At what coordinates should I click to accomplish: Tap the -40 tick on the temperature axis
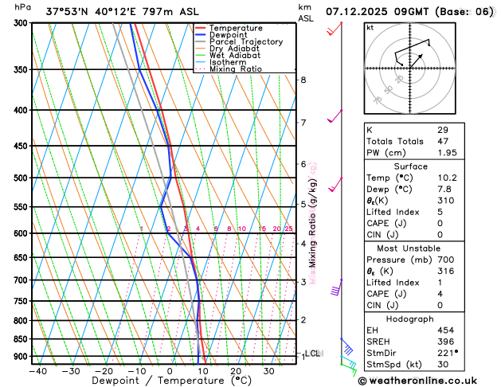37,371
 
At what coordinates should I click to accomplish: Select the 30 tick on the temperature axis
269,371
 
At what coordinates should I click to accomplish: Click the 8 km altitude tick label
303,80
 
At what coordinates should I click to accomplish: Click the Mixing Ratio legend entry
235,69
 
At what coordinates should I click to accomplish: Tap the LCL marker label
312,353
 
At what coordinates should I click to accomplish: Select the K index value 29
443,129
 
